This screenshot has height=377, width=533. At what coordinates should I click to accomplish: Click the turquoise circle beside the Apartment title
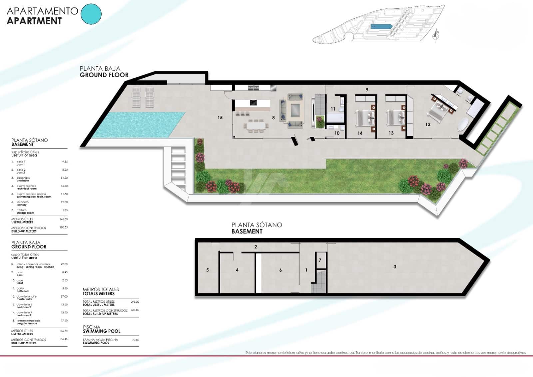click(x=91, y=14)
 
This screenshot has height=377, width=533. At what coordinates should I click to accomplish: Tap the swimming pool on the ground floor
click(x=138, y=124)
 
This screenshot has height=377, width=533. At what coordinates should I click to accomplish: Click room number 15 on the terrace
click(x=220, y=117)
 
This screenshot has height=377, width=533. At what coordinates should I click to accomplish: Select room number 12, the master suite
click(x=428, y=124)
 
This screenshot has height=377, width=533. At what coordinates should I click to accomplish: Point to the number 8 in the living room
click(x=273, y=117)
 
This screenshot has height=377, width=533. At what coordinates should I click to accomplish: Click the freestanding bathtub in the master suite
click(x=463, y=124)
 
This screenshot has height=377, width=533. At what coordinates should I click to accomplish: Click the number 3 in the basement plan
click(x=395, y=267)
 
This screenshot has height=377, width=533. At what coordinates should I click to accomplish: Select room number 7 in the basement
click(x=320, y=260)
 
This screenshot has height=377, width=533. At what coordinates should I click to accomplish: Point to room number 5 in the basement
click(x=208, y=270)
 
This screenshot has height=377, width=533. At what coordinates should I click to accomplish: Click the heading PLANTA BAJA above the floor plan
click(x=100, y=68)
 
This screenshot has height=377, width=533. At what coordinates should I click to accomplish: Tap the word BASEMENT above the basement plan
click(x=247, y=231)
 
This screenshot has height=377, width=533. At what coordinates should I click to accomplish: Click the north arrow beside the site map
click(x=436, y=35)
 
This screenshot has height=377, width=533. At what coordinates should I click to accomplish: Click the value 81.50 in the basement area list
click(x=64, y=178)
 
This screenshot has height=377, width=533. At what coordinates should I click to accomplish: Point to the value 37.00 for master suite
click(x=64, y=296)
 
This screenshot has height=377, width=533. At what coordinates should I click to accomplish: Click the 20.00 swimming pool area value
click(x=136, y=340)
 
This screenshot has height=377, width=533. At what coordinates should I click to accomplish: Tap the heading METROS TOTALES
click(x=101, y=289)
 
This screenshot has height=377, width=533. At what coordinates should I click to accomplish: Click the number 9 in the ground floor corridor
click(x=367, y=90)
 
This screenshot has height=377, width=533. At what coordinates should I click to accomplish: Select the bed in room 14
click(x=365, y=118)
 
